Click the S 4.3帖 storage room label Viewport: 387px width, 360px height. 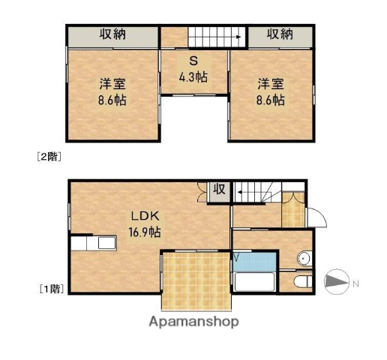[x=193, y=70]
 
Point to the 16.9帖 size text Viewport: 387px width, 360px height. [x=144, y=232]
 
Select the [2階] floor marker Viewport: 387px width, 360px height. [x=49, y=157]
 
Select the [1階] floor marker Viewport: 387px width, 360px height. [x=50, y=288]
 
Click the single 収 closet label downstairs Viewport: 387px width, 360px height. [x=220, y=190]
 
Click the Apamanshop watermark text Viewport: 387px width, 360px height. [x=193, y=322]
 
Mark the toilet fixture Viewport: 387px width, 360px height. [x=302, y=282]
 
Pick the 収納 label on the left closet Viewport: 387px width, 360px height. [x=113, y=34]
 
